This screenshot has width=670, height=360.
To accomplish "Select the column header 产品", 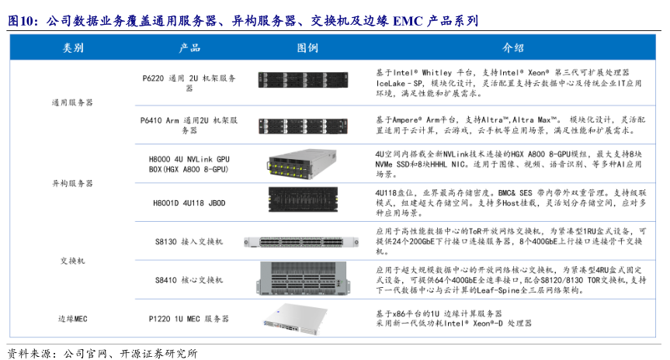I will tap(189, 48).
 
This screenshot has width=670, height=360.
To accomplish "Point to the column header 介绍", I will tap(513, 48).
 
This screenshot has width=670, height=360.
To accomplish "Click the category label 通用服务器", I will tap(72, 102).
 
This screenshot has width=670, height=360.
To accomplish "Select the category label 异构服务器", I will tap(72, 183).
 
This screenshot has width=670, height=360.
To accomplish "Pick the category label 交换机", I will tap(72, 260).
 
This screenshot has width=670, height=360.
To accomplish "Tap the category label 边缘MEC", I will tap(72, 318).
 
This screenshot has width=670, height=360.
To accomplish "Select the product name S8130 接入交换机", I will tap(189, 242).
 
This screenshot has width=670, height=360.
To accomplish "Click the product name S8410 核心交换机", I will tap(189, 279).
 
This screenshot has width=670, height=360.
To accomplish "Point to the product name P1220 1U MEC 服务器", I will tap(189, 318).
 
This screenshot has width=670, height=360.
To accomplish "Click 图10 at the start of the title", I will tap(23, 20).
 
